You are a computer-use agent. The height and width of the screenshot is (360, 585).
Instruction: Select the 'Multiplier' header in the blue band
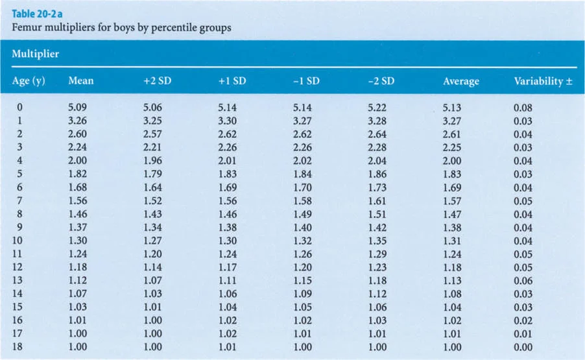36,54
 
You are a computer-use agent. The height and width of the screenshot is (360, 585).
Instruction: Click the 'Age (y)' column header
28,81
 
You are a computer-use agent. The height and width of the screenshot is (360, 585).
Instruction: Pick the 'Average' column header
461,81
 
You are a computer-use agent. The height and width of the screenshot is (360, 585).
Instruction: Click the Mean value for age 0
77,108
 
